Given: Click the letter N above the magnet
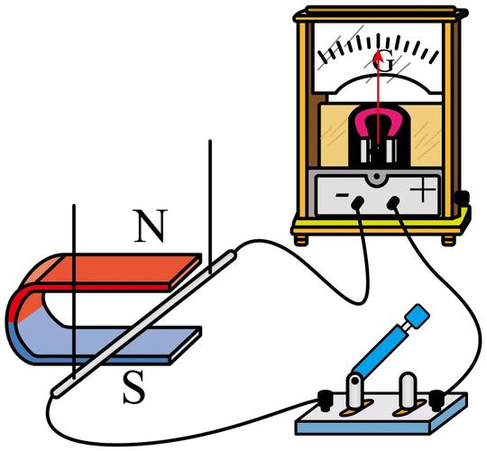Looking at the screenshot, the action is click(x=151, y=225).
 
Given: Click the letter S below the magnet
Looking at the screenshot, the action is click(x=133, y=387).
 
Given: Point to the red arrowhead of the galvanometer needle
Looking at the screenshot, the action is click(x=378, y=56).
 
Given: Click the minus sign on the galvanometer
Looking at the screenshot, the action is click(x=343, y=195).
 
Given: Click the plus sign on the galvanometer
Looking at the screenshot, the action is click(x=423, y=189).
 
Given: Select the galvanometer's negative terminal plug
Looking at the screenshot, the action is click(x=357, y=203).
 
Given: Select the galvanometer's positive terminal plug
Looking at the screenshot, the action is click(x=393, y=203).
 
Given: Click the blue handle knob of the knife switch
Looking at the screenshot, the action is click(x=418, y=316).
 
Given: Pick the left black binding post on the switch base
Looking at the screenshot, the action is click(x=326, y=400).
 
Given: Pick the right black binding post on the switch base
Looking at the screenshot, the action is click(x=436, y=400).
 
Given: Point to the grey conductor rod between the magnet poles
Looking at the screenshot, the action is click(x=144, y=323).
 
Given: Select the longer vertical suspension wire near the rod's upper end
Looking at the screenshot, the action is click(x=210, y=207).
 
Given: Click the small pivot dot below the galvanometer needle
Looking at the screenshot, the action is click(x=377, y=177).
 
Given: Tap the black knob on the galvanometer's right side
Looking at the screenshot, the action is click(x=463, y=198).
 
